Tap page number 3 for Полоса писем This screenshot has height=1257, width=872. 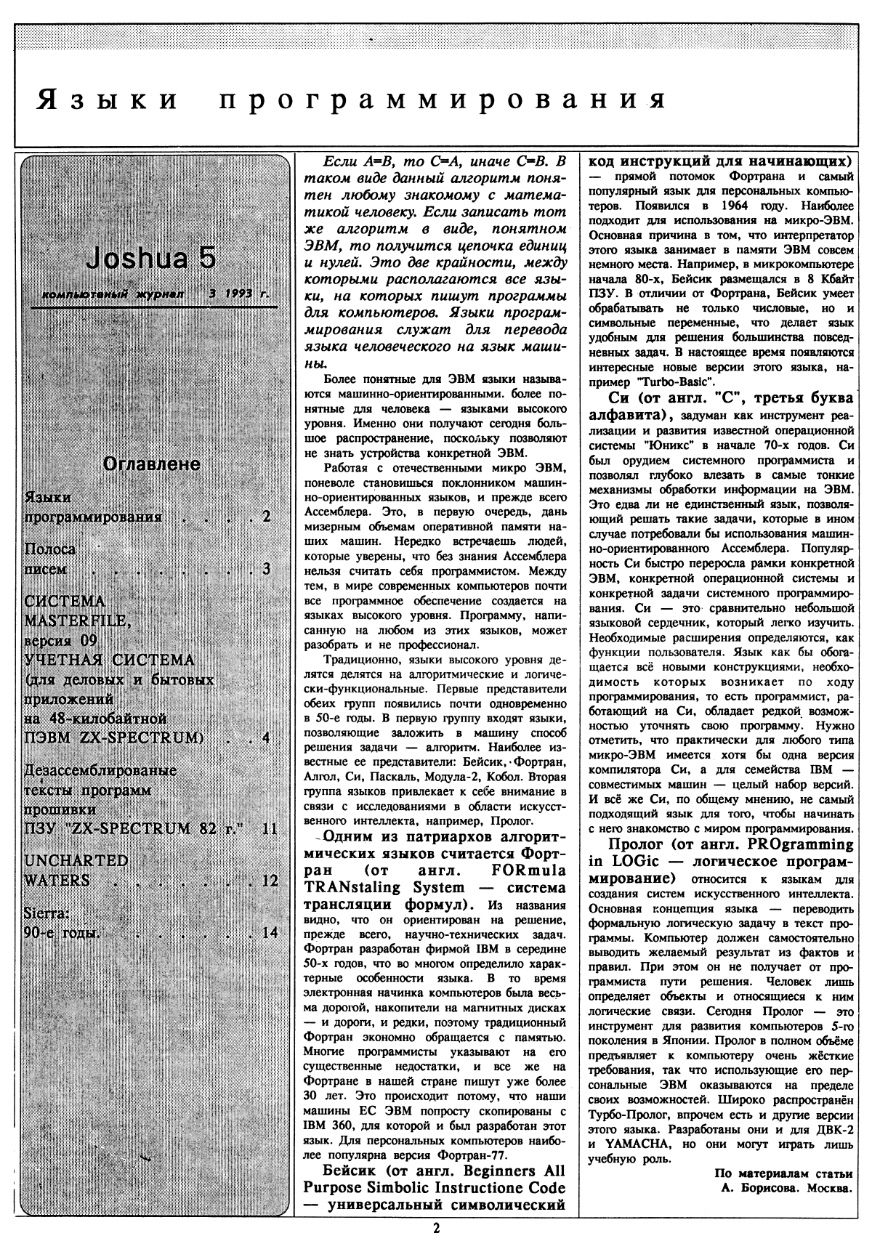coord(266,569)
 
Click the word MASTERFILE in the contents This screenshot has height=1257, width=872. coord(77,621)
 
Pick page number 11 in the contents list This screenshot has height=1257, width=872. coord(270,828)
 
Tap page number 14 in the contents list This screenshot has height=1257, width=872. coord(270,932)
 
